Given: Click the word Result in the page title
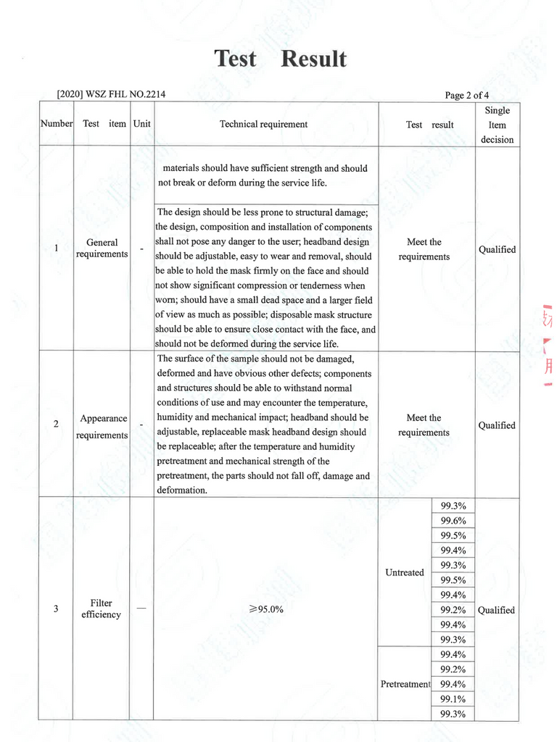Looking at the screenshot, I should pyautogui.click(x=313, y=59).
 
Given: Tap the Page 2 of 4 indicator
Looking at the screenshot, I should pyautogui.click(x=474, y=95).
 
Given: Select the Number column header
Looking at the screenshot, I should pyautogui.click(x=57, y=124).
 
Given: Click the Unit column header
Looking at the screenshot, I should pyautogui.click(x=142, y=124).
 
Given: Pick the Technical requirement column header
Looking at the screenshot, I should pyautogui.click(x=263, y=124).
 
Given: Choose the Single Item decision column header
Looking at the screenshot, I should pyautogui.click(x=497, y=125).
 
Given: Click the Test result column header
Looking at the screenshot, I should pyautogui.click(x=429, y=125).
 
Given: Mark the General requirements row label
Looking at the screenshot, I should pyautogui.click(x=102, y=248).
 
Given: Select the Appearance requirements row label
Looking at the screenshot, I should pyautogui.click(x=103, y=427).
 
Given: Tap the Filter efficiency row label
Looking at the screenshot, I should pyautogui.click(x=102, y=609).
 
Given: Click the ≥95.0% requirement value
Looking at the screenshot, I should pyautogui.click(x=265, y=609).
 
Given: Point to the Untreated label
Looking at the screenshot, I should pyautogui.click(x=405, y=572).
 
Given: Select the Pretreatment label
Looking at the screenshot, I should pyautogui.click(x=405, y=684).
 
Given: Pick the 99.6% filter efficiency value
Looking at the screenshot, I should pyautogui.click(x=453, y=521).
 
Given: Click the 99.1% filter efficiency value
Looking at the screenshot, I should pyautogui.click(x=453, y=699).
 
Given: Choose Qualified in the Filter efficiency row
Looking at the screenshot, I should pyautogui.click(x=496, y=610).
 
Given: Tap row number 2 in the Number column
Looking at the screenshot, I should pyautogui.click(x=57, y=424).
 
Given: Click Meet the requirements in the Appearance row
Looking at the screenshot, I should pyautogui.click(x=424, y=425).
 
